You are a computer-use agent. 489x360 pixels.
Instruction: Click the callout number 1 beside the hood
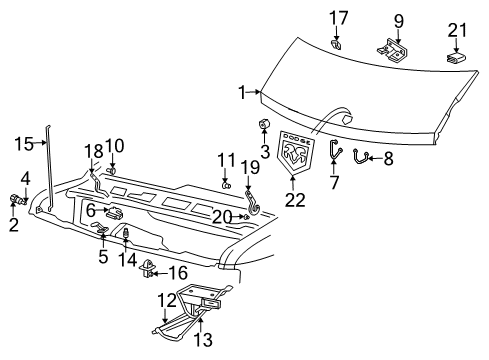click(241, 93)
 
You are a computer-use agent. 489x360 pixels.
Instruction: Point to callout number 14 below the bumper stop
click(127, 260)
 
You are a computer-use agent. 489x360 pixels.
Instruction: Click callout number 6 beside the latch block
click(90, 210)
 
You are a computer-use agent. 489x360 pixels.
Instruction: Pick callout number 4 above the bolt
click(26, 179)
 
